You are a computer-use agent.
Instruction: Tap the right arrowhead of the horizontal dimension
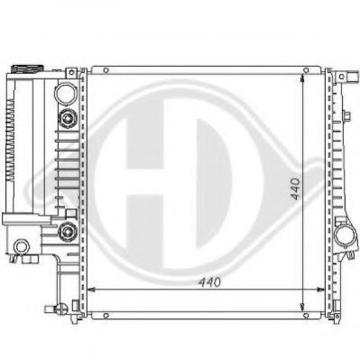click(x=323, y=290)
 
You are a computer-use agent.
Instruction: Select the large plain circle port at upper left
click(x=65, y=92)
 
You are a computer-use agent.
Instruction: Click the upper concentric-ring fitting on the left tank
click(x=65, y=119)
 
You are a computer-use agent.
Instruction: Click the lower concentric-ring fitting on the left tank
click(x=65, y=235)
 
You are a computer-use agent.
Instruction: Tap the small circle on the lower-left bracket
click(x=21, y=245)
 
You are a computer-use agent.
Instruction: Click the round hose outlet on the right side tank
click(x=346, y=237)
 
